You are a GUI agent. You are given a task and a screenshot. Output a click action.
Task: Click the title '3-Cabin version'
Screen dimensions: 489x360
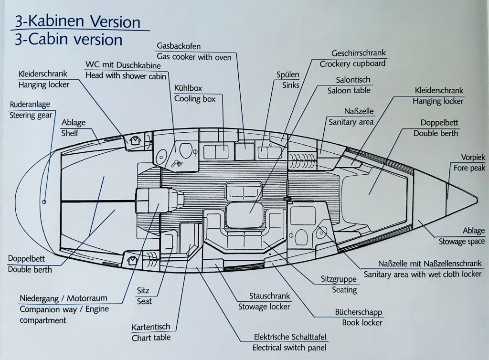coord(69,40)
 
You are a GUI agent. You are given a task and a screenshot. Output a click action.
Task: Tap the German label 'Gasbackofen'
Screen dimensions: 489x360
coord(179,46)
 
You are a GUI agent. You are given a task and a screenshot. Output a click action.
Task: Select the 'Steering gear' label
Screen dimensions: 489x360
coord(31,116)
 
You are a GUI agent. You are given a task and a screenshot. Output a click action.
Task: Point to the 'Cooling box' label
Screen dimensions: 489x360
coord(195,99)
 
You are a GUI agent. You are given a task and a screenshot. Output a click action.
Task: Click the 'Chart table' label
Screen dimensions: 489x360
coord(151,338)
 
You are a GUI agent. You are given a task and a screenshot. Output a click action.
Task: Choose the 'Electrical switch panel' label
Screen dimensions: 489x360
coord(289,348)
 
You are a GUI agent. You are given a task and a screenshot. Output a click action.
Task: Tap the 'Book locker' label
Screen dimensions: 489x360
coord(362,323)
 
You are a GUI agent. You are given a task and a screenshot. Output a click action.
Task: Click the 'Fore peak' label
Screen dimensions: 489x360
coord(469,168)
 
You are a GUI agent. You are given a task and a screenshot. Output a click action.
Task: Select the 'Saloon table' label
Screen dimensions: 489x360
coord(349,90)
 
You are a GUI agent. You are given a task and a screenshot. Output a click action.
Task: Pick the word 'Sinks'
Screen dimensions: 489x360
coord(291,85)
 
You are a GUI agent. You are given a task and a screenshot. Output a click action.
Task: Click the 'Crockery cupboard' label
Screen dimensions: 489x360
coord(352,64)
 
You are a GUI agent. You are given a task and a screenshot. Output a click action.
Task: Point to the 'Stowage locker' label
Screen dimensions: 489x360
coord(264,307)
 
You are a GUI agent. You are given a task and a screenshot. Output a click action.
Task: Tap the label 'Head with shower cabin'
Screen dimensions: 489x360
coord(126,76)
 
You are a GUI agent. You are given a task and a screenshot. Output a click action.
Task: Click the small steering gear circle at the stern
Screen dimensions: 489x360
coord(44,202)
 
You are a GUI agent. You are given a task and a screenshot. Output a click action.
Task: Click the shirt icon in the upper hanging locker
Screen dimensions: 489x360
coord(135,140)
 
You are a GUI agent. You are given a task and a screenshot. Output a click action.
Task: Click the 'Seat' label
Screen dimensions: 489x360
coord(144,301)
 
